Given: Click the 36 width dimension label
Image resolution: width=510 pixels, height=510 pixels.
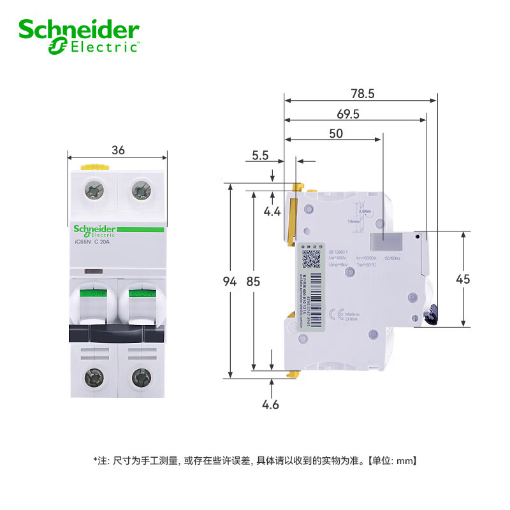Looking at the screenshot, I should [x=118, y=150].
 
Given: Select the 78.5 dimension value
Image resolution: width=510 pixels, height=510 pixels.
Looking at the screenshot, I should [x=361, y=94].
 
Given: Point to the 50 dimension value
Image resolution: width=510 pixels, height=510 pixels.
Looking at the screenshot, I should [x=335, y=133].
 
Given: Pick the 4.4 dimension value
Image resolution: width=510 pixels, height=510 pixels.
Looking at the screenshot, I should [x=273, y=211].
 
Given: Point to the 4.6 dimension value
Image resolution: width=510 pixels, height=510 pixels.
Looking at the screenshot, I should [x=272, y=404].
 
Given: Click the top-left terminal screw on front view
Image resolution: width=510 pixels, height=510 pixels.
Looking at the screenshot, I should [x=95, y=189].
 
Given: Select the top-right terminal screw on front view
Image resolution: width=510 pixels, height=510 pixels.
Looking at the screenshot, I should [x=140, y=189].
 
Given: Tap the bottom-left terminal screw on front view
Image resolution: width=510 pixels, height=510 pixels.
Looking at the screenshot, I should [x=95, y=377].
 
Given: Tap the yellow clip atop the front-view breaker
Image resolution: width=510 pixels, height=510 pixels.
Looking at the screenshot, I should [x=95, y=167].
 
